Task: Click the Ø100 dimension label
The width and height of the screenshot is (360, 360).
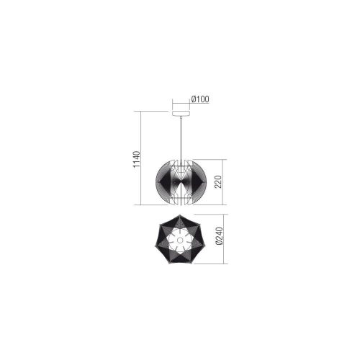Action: [200, 99]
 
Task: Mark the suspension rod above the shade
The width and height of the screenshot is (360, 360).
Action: [180, 137]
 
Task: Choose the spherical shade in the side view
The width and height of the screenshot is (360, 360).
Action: [180, 182]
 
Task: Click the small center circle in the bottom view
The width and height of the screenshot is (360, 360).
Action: [180, 240]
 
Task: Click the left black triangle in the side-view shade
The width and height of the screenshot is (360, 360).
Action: [166, 182]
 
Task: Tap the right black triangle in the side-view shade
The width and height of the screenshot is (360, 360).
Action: [194, 182]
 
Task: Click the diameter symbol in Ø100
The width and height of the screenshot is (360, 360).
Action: [193, 99]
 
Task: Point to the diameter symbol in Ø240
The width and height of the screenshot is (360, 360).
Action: [219, 249]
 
